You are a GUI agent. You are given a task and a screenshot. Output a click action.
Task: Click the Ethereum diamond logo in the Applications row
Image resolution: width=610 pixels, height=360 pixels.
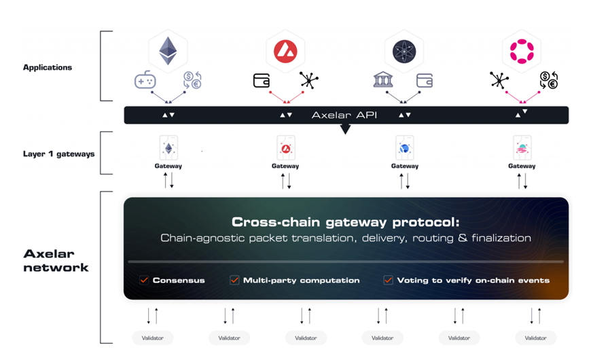click(168, 51)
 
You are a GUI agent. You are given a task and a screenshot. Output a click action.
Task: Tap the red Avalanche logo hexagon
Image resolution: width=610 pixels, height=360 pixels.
click(285, 51)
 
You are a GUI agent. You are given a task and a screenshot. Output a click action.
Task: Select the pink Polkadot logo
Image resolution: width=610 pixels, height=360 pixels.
click(522, 51)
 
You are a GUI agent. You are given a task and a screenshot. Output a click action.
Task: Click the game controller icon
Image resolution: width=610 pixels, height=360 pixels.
click(145, 80)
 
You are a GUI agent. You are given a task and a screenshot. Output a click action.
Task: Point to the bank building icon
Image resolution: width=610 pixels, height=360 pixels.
click(383, 80)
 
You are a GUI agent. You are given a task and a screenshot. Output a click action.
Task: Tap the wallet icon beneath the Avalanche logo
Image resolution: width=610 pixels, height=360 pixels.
click(262, 80)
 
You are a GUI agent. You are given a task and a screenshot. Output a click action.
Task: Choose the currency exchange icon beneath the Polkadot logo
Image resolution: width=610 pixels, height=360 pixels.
click(548, 80)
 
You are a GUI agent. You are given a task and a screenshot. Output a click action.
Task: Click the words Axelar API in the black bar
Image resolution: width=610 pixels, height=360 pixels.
click(344, 115)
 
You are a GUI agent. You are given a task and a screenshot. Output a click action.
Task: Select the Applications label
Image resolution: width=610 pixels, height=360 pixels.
click(48, 67)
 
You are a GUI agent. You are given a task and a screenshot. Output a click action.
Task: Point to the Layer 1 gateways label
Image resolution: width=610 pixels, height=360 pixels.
click(59, 154)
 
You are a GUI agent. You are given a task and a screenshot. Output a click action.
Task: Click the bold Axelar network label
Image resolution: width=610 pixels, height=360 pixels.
click(56, 260)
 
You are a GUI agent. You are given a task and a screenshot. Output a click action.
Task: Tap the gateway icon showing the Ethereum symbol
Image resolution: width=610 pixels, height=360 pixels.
click(168, 147)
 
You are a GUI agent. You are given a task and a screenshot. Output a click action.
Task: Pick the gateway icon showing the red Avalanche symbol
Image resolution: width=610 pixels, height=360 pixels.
click(285, 147)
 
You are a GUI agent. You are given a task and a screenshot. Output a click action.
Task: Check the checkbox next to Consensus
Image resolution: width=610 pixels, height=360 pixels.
click(144, 280)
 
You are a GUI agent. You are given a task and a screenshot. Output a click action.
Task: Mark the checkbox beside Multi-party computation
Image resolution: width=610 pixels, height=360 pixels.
click(234, 280)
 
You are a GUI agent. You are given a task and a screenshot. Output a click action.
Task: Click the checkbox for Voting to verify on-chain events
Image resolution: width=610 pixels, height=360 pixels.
click(389, 280)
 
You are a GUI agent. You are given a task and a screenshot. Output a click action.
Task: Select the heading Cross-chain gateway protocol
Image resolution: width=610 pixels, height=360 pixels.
click(345, 222)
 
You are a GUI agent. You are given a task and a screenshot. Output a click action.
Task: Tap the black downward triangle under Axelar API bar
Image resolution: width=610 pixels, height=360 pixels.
click(345, 128)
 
